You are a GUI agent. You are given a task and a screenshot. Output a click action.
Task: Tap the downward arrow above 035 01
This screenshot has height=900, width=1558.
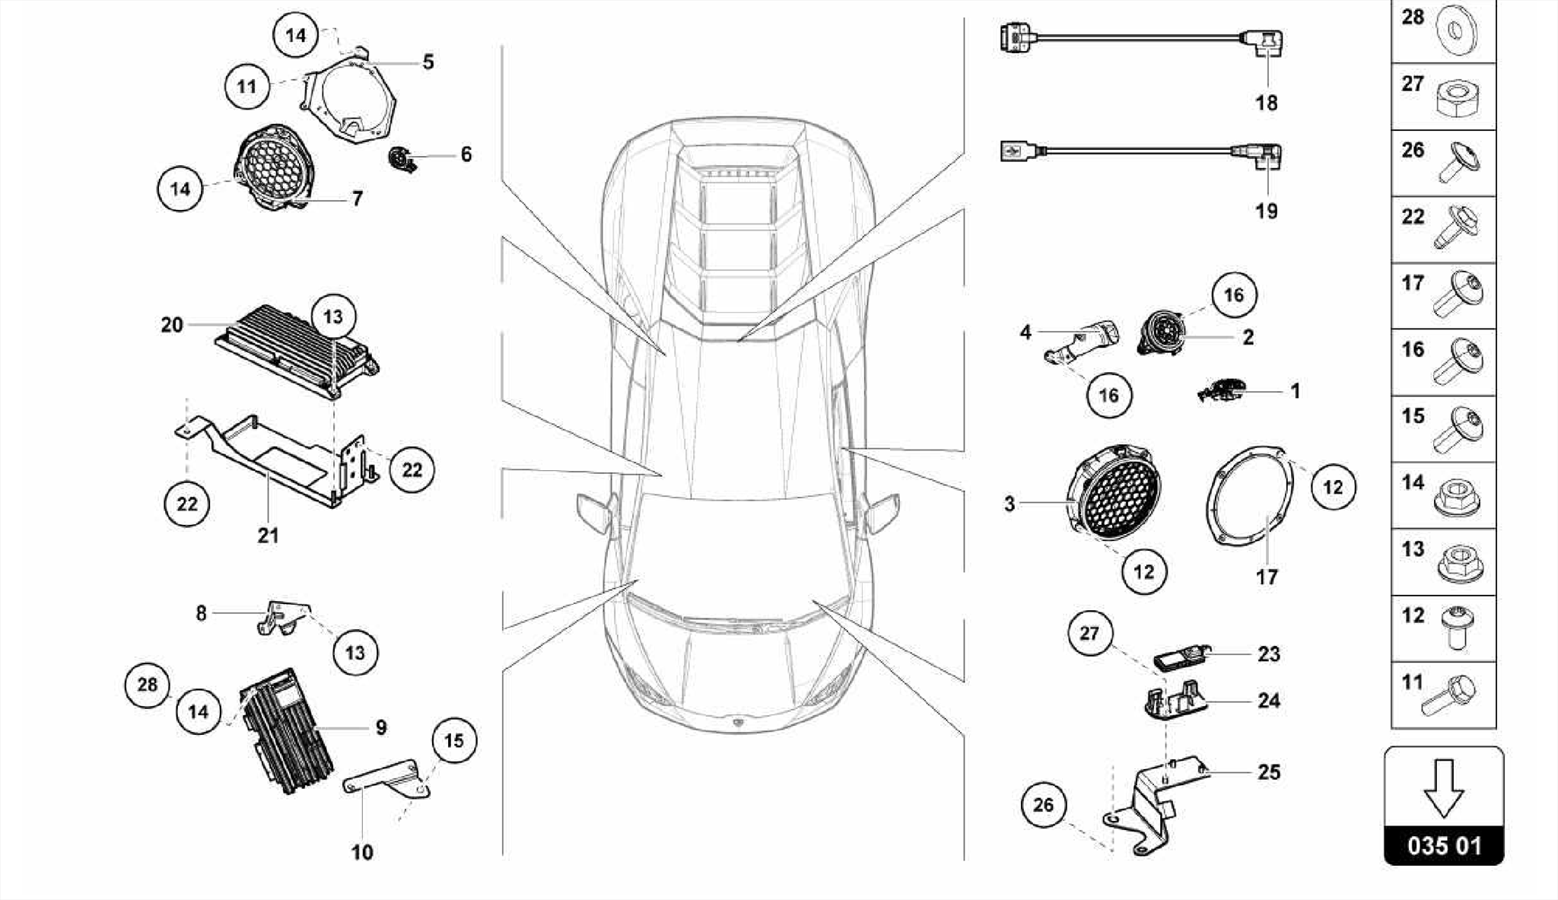point(1443,788)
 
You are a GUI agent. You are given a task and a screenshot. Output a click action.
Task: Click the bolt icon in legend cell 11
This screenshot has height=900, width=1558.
point(1450,695)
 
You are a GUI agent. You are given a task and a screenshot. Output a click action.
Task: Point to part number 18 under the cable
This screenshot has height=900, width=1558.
point(1266,102)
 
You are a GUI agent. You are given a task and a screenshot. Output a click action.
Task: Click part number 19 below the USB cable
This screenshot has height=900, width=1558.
point(1266,211)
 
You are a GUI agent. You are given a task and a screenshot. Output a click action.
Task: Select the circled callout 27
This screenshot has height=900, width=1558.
point(1089,632)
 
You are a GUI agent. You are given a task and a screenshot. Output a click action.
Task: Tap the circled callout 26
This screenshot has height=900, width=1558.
point(1043,805)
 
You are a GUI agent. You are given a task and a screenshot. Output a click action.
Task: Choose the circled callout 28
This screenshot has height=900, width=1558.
point(147,685)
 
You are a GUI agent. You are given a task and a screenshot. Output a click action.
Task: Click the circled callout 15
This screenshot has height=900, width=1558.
point(454,740)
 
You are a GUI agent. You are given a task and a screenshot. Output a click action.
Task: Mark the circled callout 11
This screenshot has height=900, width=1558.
point(247,86)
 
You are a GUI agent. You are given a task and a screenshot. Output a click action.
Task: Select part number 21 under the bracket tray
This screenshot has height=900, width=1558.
point(268,536)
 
